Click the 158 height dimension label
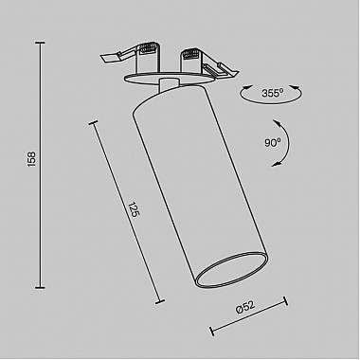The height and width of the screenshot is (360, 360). coord(32,159)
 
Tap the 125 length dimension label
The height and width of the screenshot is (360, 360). coord(134,209)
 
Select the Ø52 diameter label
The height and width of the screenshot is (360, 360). coord(245,307)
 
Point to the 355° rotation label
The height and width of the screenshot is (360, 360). coord(272,93)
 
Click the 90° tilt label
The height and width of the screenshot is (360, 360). coord(273,143)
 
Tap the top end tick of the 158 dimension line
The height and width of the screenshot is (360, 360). coord(40,43)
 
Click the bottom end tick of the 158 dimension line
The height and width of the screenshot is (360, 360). coord(40,287)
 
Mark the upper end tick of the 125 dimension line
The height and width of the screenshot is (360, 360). coord(93,123)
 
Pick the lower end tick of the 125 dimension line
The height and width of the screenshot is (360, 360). coord(160,301)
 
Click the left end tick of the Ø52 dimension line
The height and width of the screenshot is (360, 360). coord(212,331)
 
